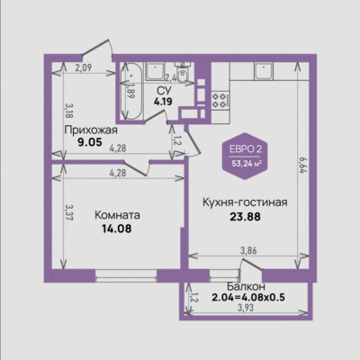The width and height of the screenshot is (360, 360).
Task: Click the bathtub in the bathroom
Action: [x=130, y=91]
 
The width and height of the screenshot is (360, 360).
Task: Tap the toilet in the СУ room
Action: [x=182, y=72]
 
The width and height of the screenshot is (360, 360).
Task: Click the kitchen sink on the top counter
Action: [x=264, y=71]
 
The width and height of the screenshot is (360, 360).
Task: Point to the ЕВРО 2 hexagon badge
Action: [x=245, y=157]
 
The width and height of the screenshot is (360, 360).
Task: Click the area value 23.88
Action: [x=245, y=216]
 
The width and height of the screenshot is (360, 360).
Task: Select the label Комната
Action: [x=117, y=215]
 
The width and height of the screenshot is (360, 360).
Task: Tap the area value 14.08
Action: [x=117, y=229]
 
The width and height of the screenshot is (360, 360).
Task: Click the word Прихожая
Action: [x=91, y=130]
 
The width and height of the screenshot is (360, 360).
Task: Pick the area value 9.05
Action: [x=90, y=142]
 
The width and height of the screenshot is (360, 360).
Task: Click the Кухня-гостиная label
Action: [x=245, y=202]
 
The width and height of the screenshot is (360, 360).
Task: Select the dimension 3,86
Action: [x=248, y=250]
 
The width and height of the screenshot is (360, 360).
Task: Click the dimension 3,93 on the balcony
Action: [x=246, y=308]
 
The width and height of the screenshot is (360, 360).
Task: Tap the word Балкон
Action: [x=246, y=286]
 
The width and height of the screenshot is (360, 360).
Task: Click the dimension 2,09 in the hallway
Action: [x=83, y=67]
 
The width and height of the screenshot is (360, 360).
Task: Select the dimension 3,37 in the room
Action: [x=69, y=212]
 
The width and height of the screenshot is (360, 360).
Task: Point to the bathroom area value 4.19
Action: [x=163, y=102]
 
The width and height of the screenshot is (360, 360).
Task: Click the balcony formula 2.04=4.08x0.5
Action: [x=248, y=298]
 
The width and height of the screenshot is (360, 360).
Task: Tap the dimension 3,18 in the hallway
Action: [x=69, y=111]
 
